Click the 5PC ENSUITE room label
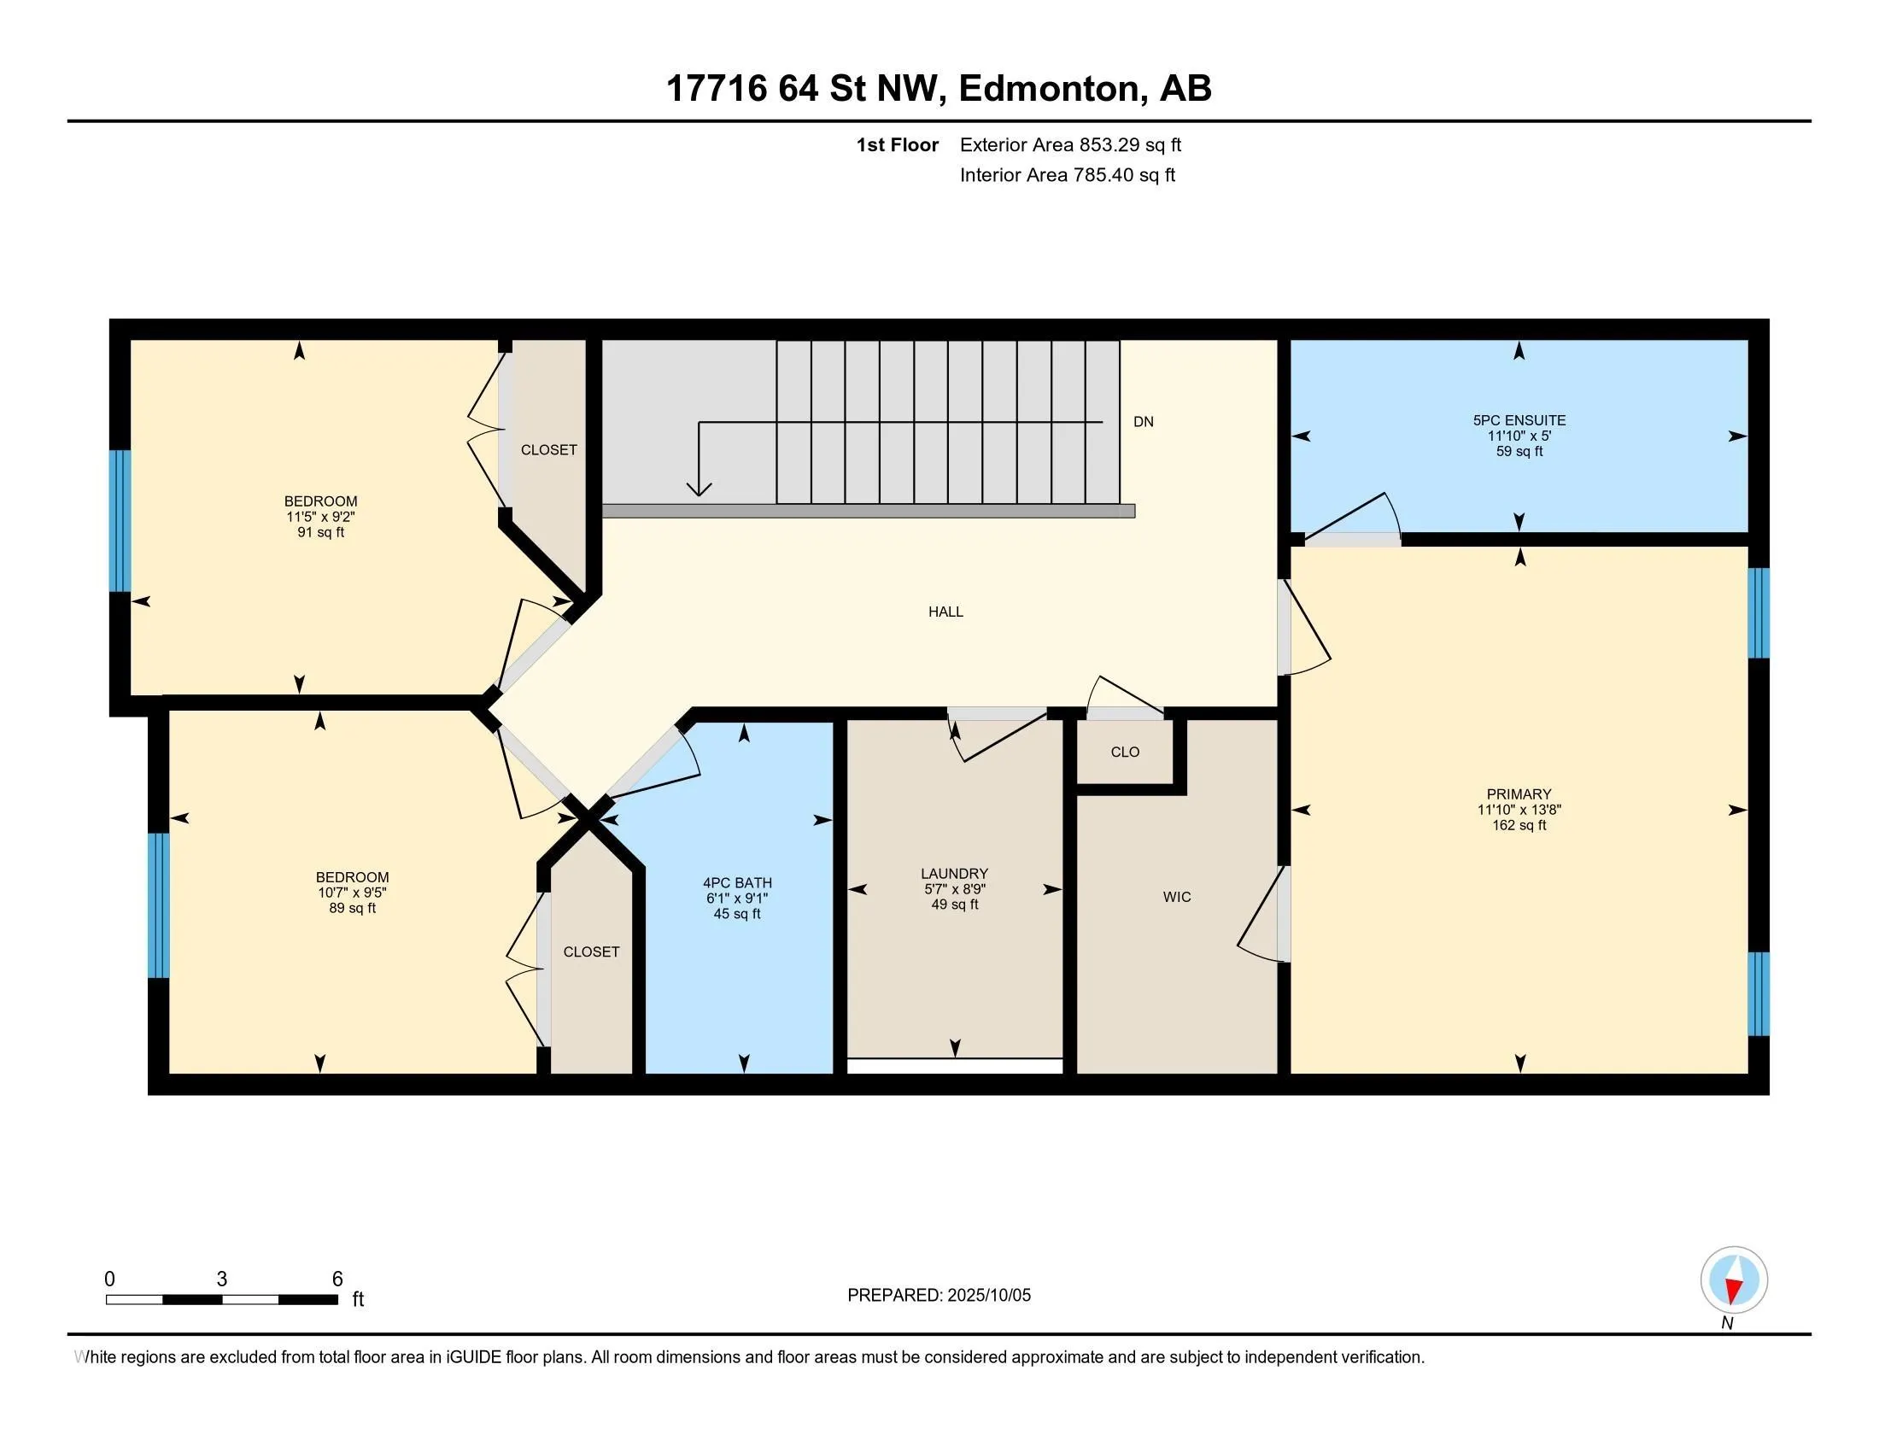click(x=1519, y=420)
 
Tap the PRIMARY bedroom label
click(x=1519, y=794)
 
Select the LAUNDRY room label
click(x=954, y=873)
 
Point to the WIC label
click(x=1177, y=897)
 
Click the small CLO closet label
click(x=1125, y=752)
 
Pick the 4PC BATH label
click(x=737, y=882)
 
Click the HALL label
click(x=945, y=612)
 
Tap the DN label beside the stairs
click(x=1144, y=421)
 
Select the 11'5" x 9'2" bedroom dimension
click(x=321, y=517)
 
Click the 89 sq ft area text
click(x=352, y=909)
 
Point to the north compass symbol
click(x=1734, y=1280)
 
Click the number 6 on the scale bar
click(x=337, y=1279)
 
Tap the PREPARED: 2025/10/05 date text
click(x=939, y=1296)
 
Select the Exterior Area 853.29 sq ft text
click(x=1070, y=144)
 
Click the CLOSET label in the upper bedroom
click(x=549, y=450)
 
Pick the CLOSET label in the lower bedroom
click(x=591, y=951)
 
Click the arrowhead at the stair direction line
click(x=699, y=489)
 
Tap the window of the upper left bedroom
click(x=120, y=521)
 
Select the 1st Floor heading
click(x=898, y=144)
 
